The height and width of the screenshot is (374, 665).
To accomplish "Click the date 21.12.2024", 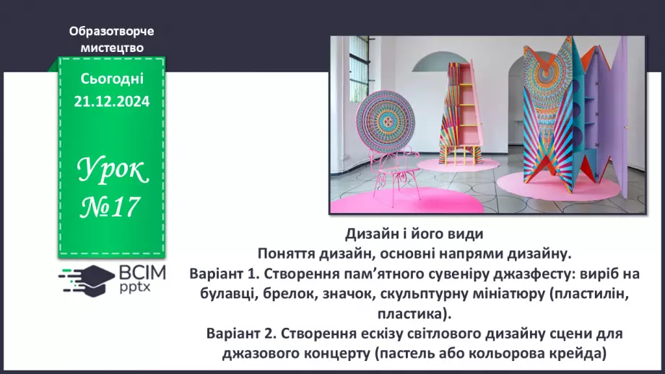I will [111, 103].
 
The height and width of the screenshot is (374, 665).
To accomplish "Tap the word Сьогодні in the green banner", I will [111, 79].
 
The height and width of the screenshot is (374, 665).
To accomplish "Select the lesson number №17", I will [110, 209].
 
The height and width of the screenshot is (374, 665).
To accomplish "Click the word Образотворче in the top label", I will [111, 32].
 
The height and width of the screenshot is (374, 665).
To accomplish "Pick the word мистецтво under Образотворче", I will [111, 48].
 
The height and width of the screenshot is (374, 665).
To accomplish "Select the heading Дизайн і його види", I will [413, 235].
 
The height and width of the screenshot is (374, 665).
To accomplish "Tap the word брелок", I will [297, 294].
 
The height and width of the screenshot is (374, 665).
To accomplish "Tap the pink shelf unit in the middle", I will [456, 108].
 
